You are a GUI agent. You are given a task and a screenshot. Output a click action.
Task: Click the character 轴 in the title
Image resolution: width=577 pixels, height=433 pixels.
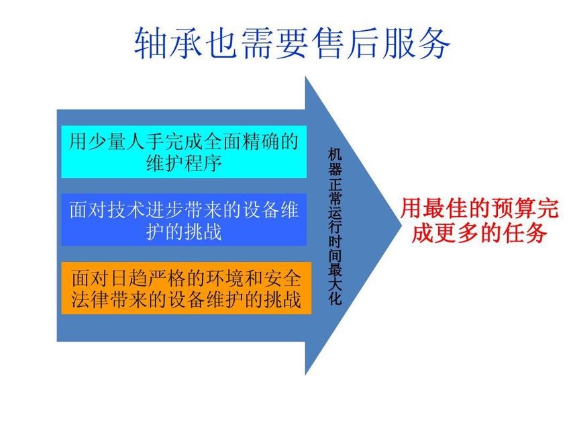click(150, 44)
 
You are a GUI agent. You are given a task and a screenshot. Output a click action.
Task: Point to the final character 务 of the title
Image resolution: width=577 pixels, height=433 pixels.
click(434, 44)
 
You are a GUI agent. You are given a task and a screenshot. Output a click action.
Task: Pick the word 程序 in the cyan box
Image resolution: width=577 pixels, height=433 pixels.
click(203, 162)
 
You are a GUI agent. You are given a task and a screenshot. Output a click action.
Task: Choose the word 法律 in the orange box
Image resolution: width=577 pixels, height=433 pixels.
click(91, 299)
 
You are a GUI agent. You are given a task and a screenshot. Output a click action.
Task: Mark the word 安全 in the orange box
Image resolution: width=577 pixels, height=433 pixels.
click(282, 278)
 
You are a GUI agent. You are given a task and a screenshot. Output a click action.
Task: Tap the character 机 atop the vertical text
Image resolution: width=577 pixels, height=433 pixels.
click(335, 154)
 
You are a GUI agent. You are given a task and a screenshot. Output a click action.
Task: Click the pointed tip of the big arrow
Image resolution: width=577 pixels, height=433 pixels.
click(401, 225)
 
